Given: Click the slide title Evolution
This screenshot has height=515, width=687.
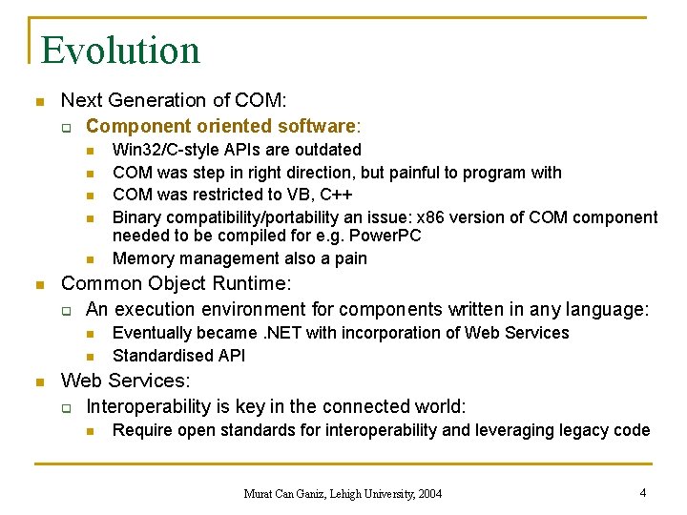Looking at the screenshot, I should pos(120,50).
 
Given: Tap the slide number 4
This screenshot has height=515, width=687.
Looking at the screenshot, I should pos(644,493).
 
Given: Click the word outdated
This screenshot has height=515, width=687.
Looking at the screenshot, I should pos(326,150).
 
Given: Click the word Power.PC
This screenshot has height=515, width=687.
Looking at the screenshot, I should pos(385,236).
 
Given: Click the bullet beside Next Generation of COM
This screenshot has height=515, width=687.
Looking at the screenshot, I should pos(38,101).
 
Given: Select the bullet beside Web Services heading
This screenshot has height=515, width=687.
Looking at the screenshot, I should pos(38,381).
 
